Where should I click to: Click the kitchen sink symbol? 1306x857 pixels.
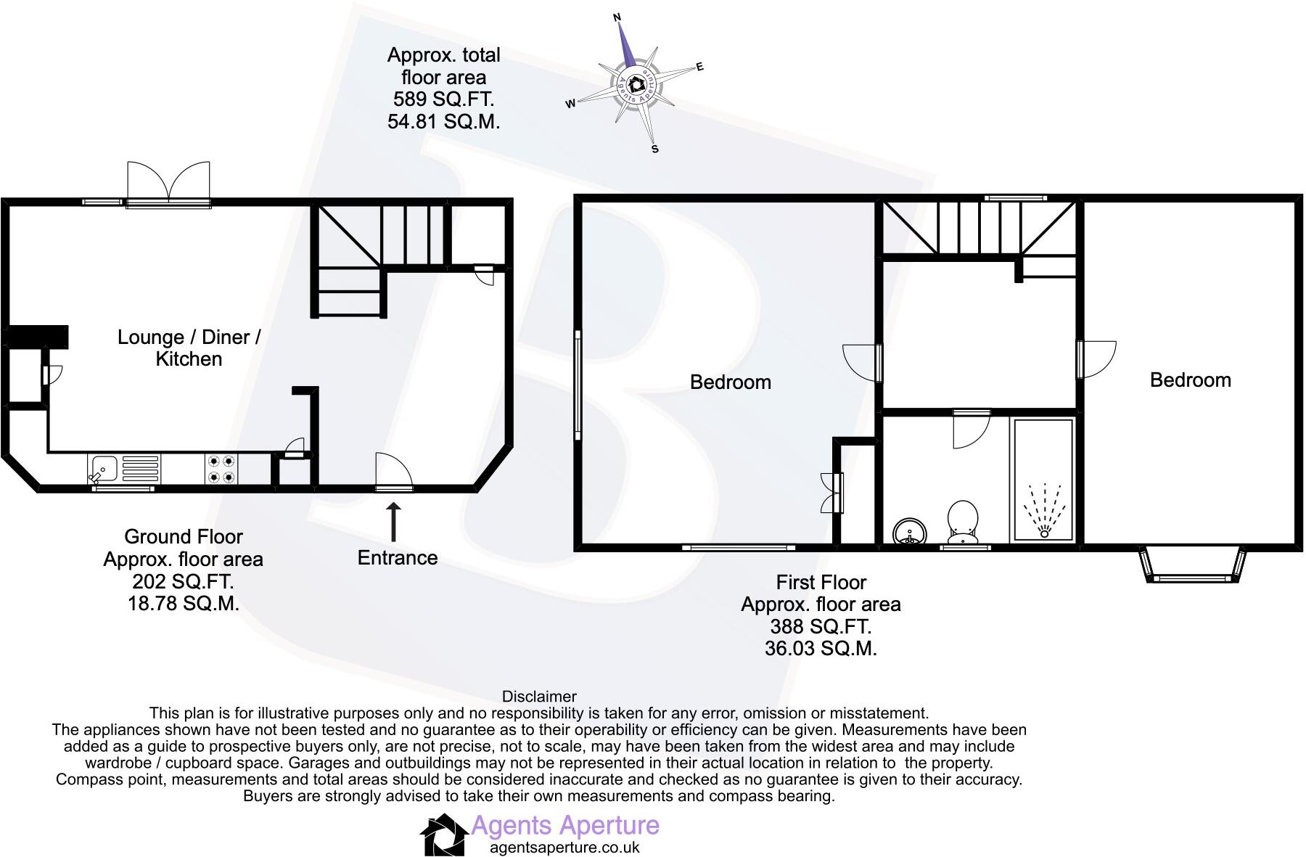[x=103, y=468]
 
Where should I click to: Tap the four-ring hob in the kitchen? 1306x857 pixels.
[x=221, y=468]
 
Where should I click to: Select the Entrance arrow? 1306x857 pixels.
[x=393, y=522]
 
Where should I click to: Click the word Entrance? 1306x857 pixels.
[x=398, y=558]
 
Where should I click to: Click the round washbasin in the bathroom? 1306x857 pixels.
[x=909, y=532]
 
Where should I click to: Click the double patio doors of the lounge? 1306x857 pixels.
[x=168, y=184]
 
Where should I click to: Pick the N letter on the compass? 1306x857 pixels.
[x=617, y=17]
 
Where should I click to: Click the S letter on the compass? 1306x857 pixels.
[x=655, y=149]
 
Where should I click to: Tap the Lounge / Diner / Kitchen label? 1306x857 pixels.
[x=189, y=348]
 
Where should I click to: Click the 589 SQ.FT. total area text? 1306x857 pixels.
[x=443, y=99]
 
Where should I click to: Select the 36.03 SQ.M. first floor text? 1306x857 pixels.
[x=821, y=648]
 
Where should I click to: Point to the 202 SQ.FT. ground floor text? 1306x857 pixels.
[x=183, y=581]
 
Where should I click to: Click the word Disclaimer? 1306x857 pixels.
[x=539, y=697]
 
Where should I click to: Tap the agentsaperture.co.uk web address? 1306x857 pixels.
[x=565, y=847]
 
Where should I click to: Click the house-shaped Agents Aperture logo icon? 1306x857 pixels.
[x=444, y=835]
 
